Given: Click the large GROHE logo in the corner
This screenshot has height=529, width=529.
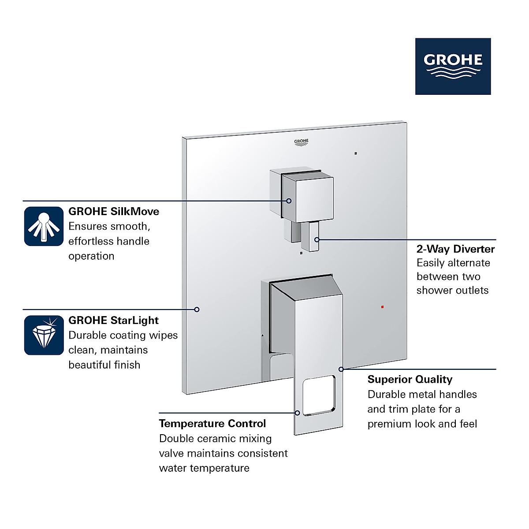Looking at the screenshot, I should point(453,66).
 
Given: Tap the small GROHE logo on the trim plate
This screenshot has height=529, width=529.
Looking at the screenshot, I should point(302,142).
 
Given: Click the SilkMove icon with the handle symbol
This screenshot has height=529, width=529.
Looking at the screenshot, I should point(44,226).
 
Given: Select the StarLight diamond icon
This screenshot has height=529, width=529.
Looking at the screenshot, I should point(44,335).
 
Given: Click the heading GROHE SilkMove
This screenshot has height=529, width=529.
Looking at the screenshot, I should point(114,212).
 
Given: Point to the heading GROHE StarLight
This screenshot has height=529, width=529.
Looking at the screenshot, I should point(113,320).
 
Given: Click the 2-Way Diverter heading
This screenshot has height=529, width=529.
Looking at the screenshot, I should point(455,249).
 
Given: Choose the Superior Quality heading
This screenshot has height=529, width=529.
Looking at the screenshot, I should point(410,380).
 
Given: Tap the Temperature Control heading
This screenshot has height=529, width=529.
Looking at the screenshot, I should point(212,424).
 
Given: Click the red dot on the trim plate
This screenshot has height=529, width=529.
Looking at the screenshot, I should point(382,306).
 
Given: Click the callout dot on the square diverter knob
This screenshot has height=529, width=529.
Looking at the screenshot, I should point(289,201).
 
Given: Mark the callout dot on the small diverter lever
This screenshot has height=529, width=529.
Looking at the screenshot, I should point(317,239).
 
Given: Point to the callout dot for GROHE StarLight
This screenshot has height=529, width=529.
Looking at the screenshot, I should point(197,309).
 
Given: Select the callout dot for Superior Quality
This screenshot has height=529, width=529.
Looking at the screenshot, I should point(341,369).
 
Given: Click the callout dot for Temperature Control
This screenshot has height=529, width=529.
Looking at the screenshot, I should point(298,413).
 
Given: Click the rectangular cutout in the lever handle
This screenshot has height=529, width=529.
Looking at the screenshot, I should point(319,395).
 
